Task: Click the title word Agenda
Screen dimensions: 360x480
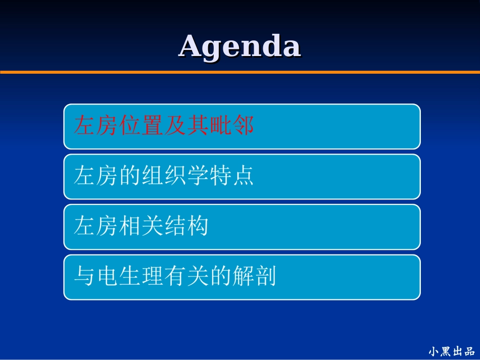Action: pos(239,46)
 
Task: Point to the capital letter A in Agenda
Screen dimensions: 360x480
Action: pos(191,46)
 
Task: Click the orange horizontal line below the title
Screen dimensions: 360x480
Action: pos(239,72)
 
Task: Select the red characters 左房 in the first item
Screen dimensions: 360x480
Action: pos(96,126)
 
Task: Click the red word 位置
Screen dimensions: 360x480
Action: pos(141,126)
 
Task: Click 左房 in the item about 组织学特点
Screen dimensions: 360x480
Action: pos(96,176)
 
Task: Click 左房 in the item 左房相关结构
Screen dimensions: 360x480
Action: pos(96,226)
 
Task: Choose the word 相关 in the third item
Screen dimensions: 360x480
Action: pos(141,226)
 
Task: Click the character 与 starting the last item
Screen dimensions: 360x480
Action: pos(84,277)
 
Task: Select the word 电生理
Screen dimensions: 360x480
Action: pos(129,277)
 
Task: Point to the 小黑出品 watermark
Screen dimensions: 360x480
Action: pos(451,351)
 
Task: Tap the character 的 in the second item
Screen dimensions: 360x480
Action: pos(130,176)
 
